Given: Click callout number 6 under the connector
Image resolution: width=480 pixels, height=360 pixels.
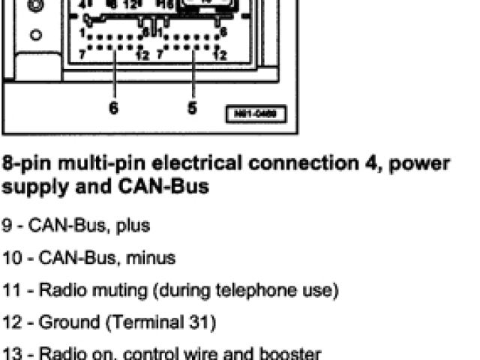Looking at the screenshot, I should pyautogui.click(x=113, y=108).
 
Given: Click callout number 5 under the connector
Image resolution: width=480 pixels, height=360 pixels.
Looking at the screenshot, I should pyautogui.click(x=193, y=108).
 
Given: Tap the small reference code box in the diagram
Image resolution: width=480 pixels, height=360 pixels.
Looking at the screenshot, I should pyautogui.click(x=255, y=115).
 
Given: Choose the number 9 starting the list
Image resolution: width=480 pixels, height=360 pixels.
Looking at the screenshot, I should pyautogui.click(x=7, y=225).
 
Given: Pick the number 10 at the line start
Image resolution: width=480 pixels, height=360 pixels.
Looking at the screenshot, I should pyautogui.click(x=11, y=257).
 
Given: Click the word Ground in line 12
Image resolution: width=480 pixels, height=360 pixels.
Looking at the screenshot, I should pyautogui.click(x=64, y=322).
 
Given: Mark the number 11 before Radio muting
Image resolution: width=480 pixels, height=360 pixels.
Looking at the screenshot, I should pyautogui.click(x=11, y=289).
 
